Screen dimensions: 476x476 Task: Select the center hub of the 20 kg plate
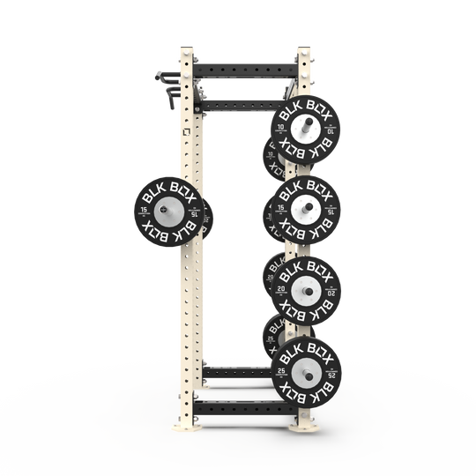(x=304, y=290)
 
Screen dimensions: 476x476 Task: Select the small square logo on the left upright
(x=187, y=136)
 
